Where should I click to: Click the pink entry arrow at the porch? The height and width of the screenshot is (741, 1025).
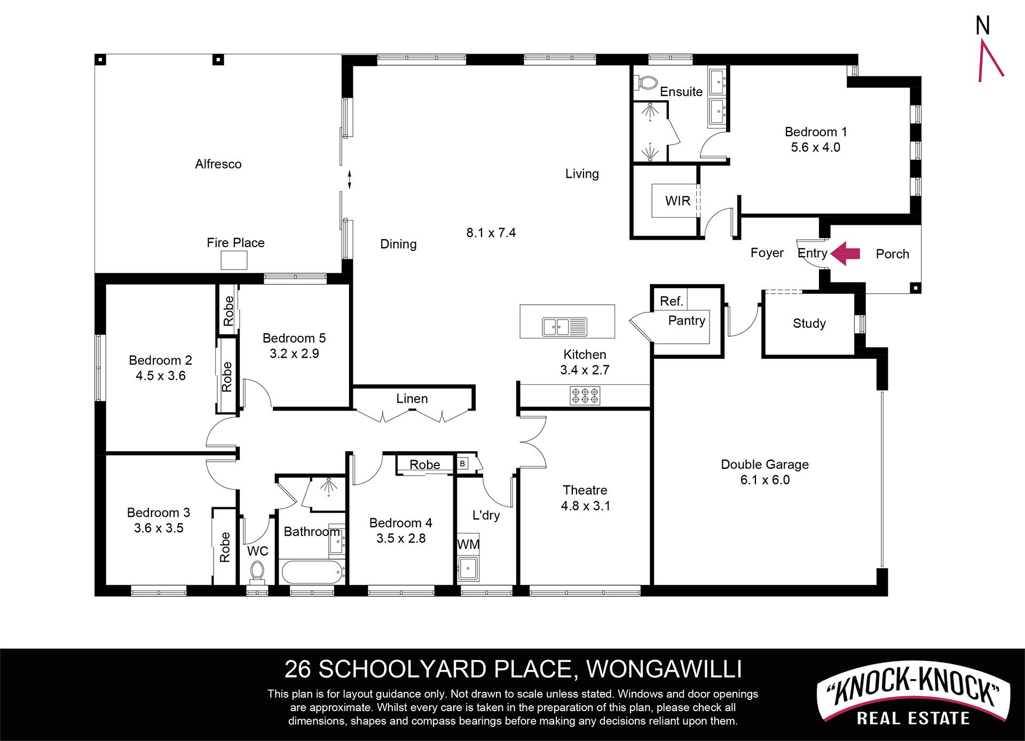point(846,254)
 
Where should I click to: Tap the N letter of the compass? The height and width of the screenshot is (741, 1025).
point(983,26)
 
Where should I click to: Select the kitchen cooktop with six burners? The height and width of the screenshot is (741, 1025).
point(585,396)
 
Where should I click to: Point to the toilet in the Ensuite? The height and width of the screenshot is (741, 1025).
point(645,83)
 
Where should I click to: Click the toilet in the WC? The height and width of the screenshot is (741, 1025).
point(257,572)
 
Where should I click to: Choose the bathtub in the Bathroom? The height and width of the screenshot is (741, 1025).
point(312,572)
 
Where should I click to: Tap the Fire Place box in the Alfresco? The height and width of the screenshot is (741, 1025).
point(234,261)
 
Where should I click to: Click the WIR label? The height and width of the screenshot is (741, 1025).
point(677,201)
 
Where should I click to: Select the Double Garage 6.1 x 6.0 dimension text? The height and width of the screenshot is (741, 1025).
point(765,480)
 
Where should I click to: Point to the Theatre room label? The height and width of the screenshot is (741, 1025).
point(585,490)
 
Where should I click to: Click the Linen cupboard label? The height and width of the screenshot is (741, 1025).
point(412,399)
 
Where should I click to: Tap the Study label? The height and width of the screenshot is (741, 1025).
point(809,324)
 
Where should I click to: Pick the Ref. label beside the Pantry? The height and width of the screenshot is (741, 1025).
point(672,301)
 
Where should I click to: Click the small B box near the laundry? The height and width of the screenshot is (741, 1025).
point(462,463)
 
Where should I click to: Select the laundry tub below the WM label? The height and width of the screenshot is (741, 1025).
point(468,569)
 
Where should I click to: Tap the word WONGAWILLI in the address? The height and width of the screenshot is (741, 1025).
point(664,669)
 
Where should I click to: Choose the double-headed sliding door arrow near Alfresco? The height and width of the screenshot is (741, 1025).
point(350,179)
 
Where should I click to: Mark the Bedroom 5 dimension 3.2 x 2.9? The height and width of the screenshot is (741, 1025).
point(294,353)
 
